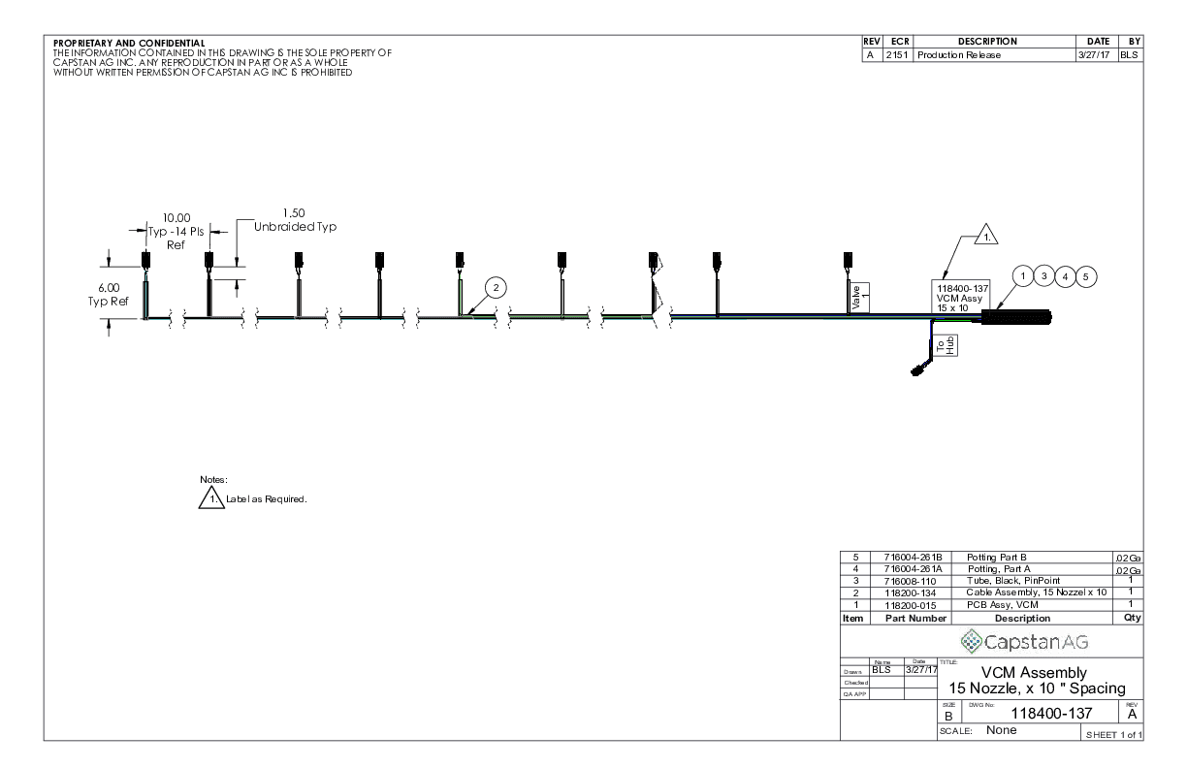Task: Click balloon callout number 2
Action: (496, 287)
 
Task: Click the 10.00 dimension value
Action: (176, 218)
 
